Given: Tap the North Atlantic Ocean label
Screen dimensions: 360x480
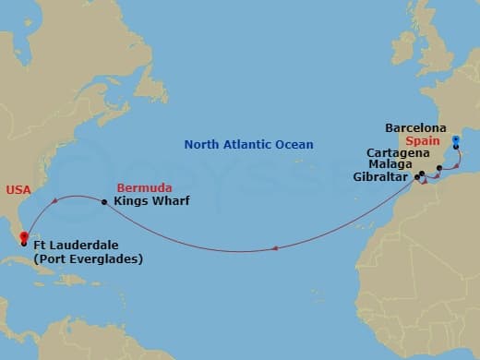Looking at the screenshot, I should [x=248, y=144].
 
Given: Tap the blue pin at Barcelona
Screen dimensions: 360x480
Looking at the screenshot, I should [x=455, y=143].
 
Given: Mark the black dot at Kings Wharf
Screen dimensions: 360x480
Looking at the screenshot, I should [x=104, y=202].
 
